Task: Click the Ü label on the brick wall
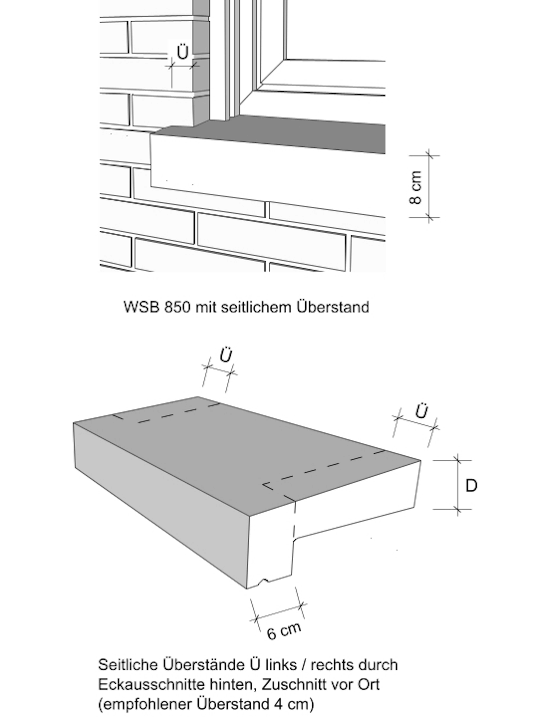click(183, 52)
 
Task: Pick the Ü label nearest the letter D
click(421, 411)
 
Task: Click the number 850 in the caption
click(177, 307)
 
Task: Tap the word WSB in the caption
click(142, 307)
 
